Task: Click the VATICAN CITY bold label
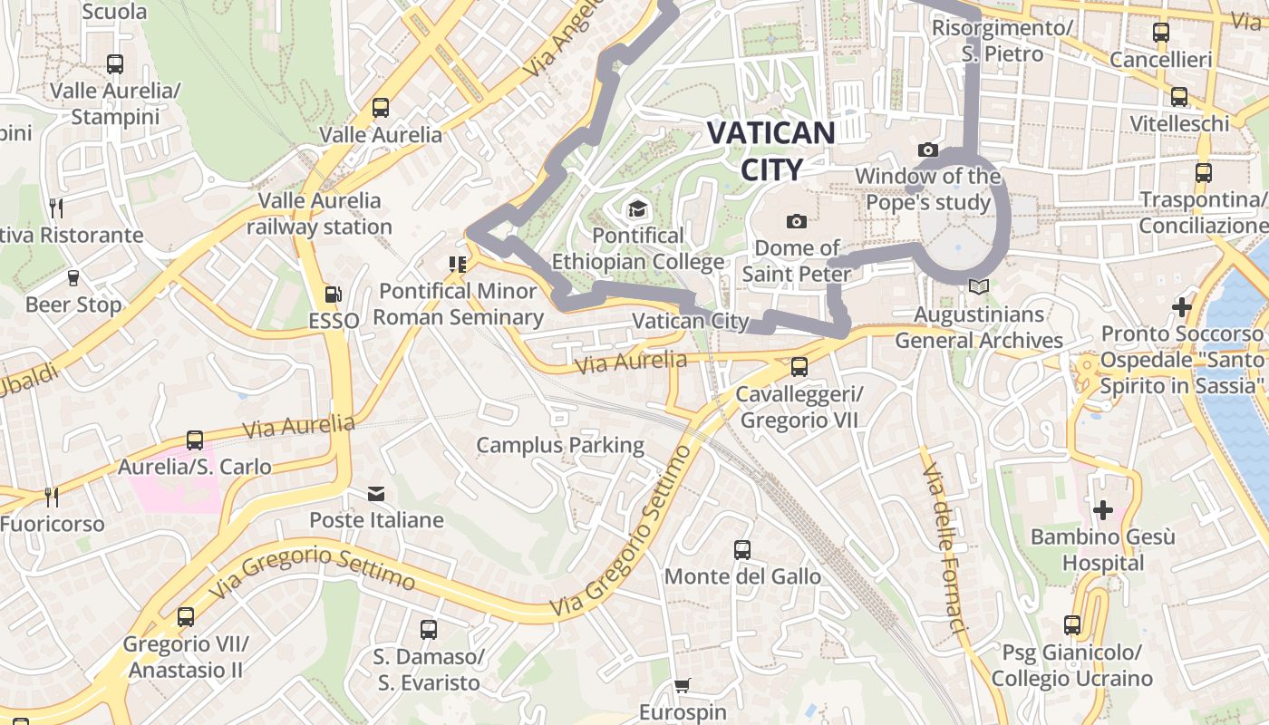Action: (x=770, y=150)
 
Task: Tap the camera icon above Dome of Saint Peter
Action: (x=796, y=221)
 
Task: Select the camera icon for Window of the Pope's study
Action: (x=927, y=150)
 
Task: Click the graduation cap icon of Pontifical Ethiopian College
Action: (x=637, y=209)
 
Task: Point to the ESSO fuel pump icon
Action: (x=333, y=294)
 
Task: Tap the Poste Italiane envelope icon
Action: (x=376, y=494)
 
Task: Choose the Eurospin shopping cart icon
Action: (x=682, y=686)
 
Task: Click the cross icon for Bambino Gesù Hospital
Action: (x=1102, y=510)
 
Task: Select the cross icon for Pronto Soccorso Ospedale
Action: (x=1181, y=307)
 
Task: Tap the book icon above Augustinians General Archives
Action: (x=977, y=287)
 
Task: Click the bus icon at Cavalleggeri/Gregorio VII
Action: (x=799, y=367)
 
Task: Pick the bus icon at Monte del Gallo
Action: (x=741, y=550)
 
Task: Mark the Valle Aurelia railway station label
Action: (x=319, y=213)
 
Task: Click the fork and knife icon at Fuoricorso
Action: (x=52, y=497)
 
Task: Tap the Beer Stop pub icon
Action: (x=73, y=278)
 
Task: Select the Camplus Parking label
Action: (x=560, y=445)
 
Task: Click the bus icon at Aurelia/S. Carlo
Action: (x=194, y=440)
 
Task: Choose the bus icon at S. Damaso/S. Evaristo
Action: (x=428, y=629)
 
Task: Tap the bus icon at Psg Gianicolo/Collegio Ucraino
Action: (x=1071, y=625)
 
